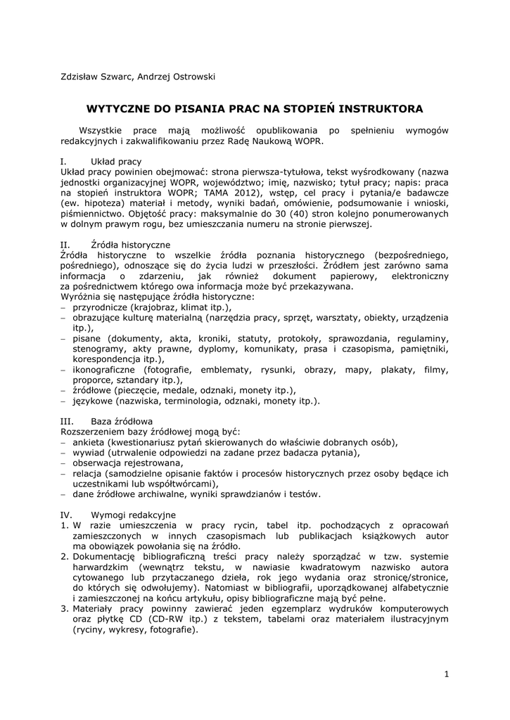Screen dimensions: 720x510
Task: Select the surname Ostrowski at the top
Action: (x=190, y=77)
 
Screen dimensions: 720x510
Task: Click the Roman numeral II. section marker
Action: (x=65, y=245)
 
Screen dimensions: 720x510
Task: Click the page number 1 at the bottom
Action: (x=446, y=674)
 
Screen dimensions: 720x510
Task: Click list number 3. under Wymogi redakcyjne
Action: (x=64, y=608)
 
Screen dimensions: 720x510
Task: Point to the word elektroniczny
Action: (x=414, y=276)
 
